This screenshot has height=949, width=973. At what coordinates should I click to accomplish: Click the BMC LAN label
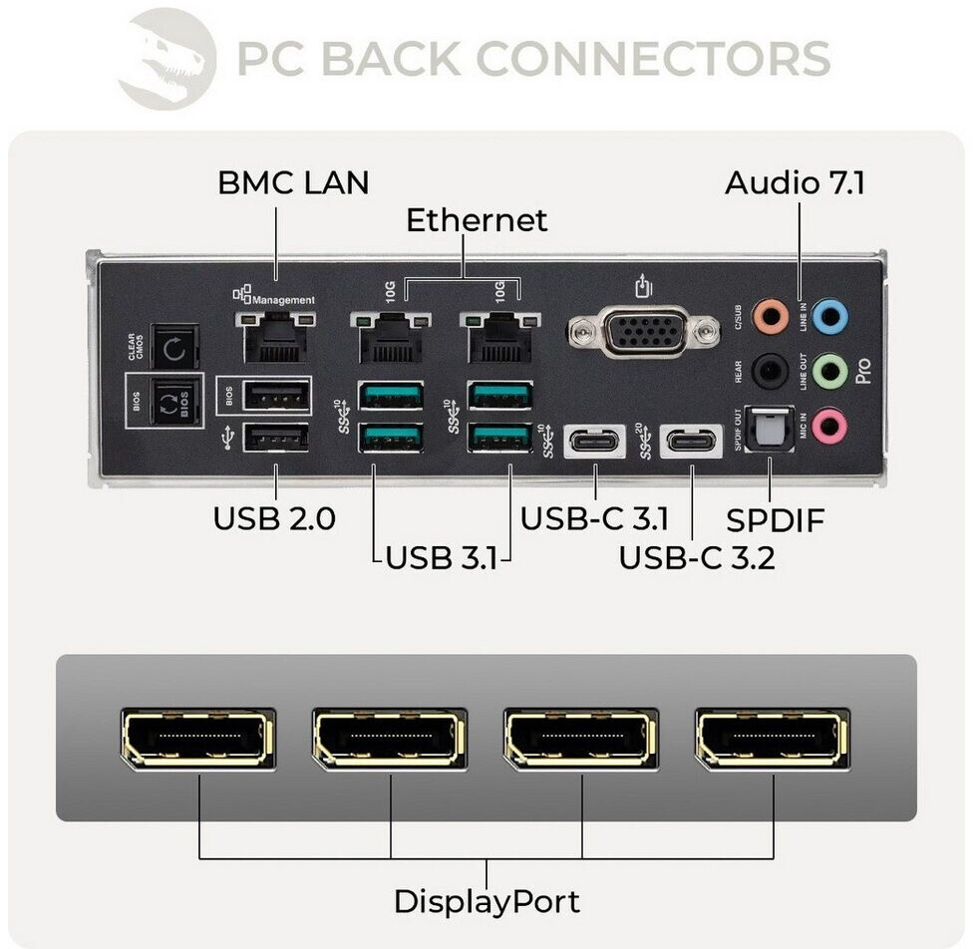tap(293, 182)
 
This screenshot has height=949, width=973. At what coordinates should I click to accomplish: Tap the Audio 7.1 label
tap(795, 182)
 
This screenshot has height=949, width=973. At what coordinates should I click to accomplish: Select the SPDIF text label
tap(776, 519)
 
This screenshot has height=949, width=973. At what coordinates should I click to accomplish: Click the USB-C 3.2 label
tap(697, 556)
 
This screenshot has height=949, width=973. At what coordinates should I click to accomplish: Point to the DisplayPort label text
tap(486, 901)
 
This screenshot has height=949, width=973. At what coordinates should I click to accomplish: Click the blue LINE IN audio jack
tap(829, 318)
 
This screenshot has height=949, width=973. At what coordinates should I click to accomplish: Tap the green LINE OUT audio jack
tap(829, 372)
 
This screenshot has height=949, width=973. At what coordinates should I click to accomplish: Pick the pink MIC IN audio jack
tap(829, 427)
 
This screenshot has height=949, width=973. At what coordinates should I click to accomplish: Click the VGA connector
tap(644, 330)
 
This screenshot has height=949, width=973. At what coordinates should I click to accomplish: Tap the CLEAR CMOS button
tap(172, 349)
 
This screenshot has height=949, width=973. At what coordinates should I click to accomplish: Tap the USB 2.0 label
tap(274, 519)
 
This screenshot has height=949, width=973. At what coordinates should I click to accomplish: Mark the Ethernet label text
tap(477, 219)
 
